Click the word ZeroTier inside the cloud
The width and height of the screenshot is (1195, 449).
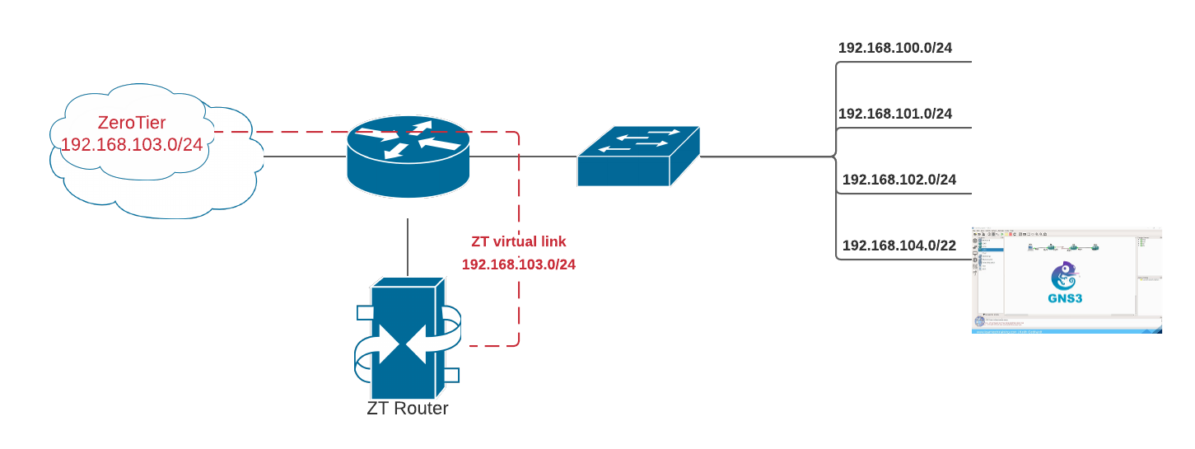[x=132, y=123]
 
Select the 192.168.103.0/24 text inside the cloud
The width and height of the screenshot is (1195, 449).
[x=132, y=145]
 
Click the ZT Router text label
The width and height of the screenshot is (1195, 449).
[x=408, y=408]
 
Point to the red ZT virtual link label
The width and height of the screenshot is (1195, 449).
[x=518, y=242]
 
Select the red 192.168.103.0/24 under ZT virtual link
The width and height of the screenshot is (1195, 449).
[x=518, y=264]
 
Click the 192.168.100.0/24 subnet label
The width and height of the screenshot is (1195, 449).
[x=894, y=48]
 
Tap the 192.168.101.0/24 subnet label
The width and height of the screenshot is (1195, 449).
[x=894, y=114]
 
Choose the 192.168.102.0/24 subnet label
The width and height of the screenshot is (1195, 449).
[x=899, y=180]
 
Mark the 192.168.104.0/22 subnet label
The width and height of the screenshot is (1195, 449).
[x=899, y=246]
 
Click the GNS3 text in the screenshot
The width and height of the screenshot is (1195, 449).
[x=1066, y=298]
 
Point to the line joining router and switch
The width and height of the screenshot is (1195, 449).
[x=523, y=156]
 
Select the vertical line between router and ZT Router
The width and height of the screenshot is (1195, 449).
[x=408, y=247]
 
